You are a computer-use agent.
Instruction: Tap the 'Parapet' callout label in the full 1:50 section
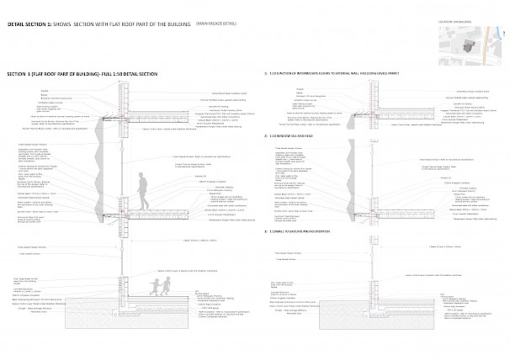point(44,87)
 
